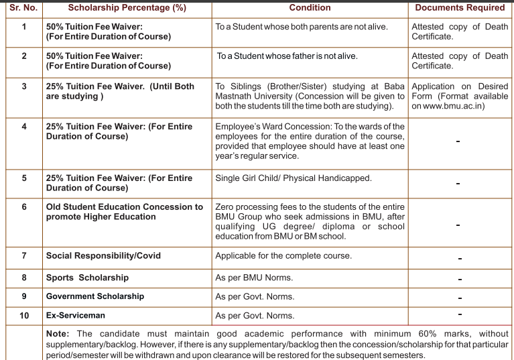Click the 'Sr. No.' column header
coord(24,8)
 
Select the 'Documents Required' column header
coord(460,8)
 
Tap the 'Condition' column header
coord(310,8)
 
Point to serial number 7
coord(24,255)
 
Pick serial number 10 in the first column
coord(24,315)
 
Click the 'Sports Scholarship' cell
coord(87,277)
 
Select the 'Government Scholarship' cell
coord(94,296)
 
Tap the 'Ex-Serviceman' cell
coord(76,315)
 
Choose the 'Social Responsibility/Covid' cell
coord(103,255)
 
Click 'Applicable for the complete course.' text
coord(283,255)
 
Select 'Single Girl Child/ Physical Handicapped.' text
coord(294,178)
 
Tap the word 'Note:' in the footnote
coord(59,333)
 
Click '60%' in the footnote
coord(408,333)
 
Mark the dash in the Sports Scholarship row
coord(460,278)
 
